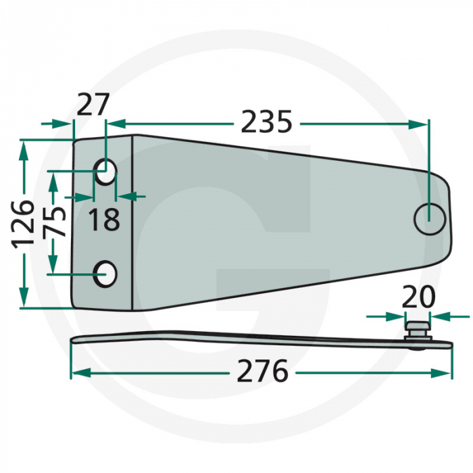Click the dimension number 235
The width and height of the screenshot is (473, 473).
(267, 123)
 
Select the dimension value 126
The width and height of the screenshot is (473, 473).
(24, 223)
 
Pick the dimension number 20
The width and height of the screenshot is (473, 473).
(418, 297)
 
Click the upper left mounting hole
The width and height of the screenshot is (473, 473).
(105, 172)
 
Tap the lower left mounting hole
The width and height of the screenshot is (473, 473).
(105, 274)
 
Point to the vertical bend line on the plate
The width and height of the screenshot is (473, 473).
(133, 223)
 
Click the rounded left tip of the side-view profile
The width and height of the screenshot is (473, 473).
(74, 340)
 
